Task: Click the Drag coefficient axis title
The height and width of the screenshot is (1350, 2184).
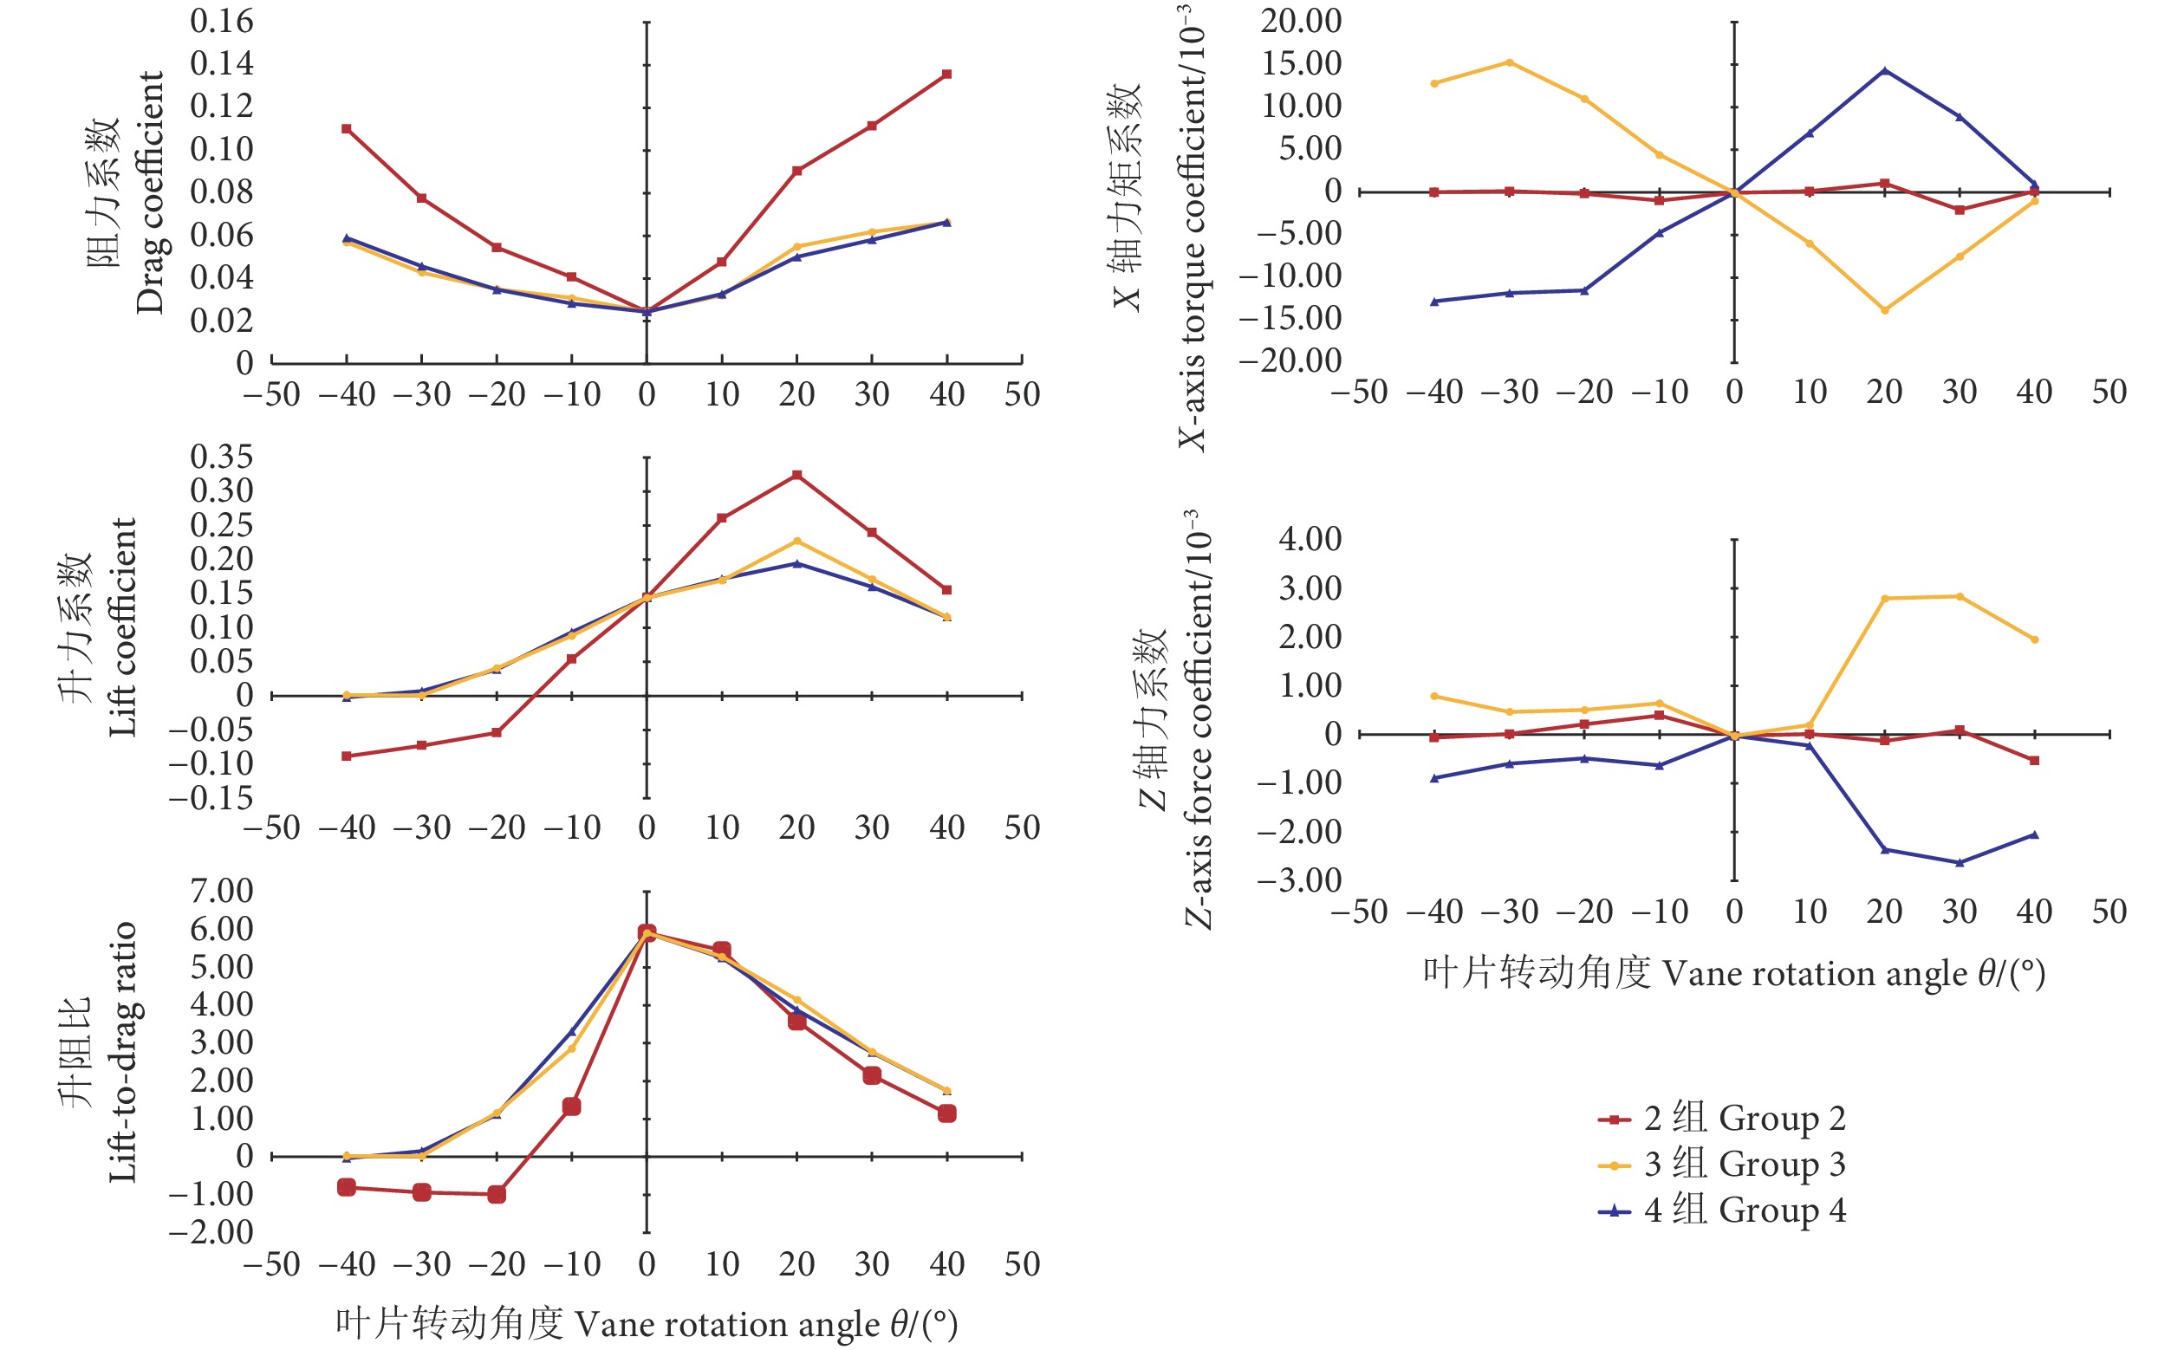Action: click(149, 192)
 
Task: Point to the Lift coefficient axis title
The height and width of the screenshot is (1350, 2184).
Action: click(122, 627)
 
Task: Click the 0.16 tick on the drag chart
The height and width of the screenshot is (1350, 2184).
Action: click(222, 22)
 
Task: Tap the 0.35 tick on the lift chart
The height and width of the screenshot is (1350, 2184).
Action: click(222, 458)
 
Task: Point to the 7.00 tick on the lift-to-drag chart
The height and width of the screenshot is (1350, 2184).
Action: click(222, 891)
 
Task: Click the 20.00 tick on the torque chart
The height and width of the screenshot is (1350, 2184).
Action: click(1301, 22)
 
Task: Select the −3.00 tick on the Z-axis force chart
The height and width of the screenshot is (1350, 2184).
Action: click(1299, 880)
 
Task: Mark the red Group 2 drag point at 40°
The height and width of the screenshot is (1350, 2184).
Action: click(946, 75)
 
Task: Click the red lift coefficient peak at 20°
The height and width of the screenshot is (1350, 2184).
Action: click(796, 475)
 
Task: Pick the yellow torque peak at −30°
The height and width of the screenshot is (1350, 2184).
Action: click(1509, 62)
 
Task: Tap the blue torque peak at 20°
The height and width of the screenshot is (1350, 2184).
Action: click(1884, 70)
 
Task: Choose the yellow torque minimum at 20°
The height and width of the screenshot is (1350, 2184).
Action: click(1884, 310)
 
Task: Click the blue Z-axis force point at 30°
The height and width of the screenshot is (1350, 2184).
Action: click(1959, 862)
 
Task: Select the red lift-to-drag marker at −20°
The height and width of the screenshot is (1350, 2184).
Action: click(497, 1194)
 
